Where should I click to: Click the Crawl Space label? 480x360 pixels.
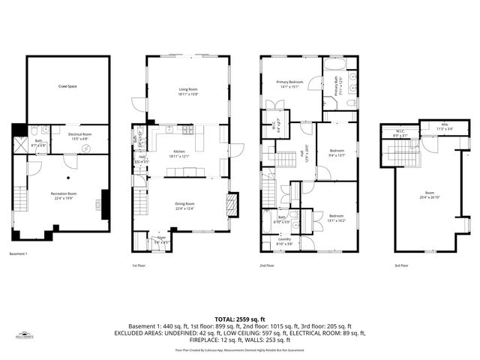coord(67,86)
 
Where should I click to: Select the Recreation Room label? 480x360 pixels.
coord(64,194)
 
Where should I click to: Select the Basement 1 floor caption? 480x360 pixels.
coord(18,254)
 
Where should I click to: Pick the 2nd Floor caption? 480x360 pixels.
coord(267,265)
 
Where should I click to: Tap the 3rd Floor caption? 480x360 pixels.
coord(402,265)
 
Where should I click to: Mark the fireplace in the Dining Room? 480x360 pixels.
coord(232,203)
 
